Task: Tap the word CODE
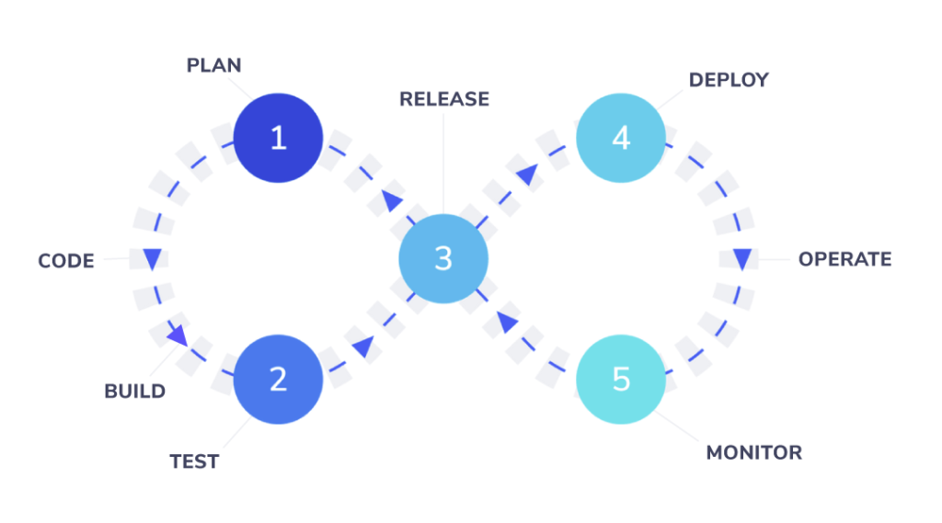(66, 261)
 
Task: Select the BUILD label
(134, 392)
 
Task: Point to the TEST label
(194, 461)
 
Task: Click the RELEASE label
(443, 99)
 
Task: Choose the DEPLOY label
(729, 80)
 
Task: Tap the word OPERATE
(844, 259)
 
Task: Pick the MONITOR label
(753, 453)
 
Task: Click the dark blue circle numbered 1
(278, 139)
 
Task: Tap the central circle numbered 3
(442, 259)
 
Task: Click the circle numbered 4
(621, 139)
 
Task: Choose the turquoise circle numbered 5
(621, 379)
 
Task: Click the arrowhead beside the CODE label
(152, 258)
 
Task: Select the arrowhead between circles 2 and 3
(363, 347)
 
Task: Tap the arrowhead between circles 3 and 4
(524, 174)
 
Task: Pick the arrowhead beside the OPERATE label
(741, 259)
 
